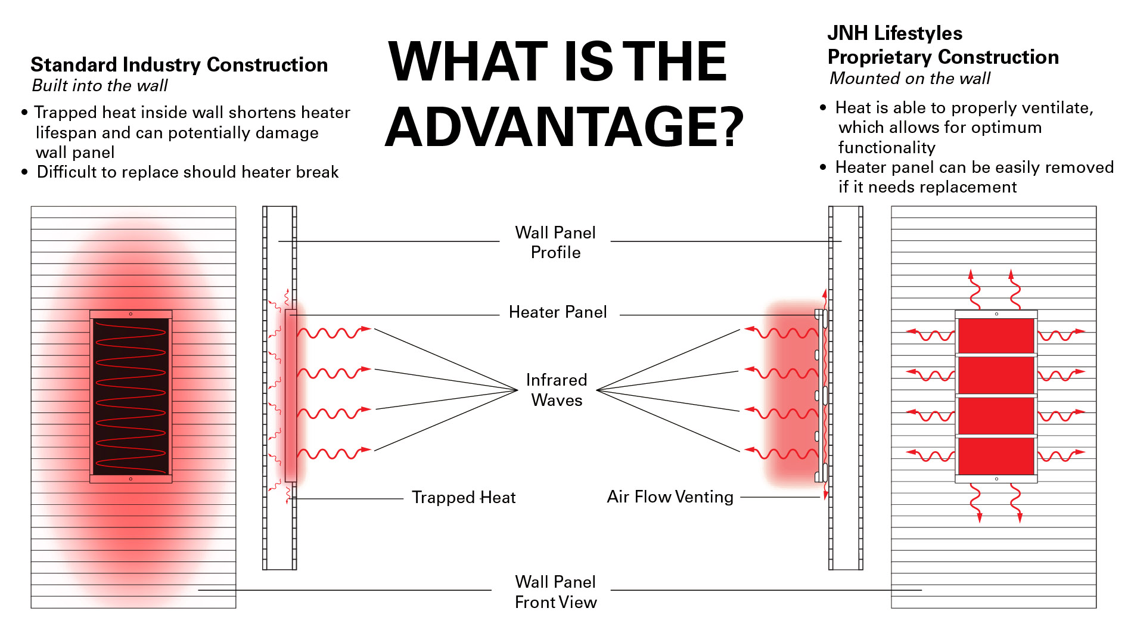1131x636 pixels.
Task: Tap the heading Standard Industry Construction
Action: click(x=179, y=64)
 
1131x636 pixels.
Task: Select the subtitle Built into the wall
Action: click(x=100, y=86)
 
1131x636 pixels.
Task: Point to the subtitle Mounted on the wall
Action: click(x=909, y=79)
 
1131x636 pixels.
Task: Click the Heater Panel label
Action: click(x=558, y=312)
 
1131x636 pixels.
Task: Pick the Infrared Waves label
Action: click(x=557, y=390)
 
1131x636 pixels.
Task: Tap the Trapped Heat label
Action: click(x=463, y=497)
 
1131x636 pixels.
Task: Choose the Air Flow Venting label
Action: click(x=670, y=497)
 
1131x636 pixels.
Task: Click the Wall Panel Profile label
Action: click(x=555, y=242)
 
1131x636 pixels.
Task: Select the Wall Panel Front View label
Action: click(x=555, y=592)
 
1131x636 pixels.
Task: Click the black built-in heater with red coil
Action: click(x=130, y=396)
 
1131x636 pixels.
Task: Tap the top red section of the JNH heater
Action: click(x=996, y=336)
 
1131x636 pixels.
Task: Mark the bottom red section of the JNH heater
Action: click(x=996, y=456)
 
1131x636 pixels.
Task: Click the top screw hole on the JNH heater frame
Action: click(x=996, y=314)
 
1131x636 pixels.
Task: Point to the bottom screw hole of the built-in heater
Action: click(x=130, y=479)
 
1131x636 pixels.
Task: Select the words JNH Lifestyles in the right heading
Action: click(x=894, y=33)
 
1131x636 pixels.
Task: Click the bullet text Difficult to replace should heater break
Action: click(x=187, y=172)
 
